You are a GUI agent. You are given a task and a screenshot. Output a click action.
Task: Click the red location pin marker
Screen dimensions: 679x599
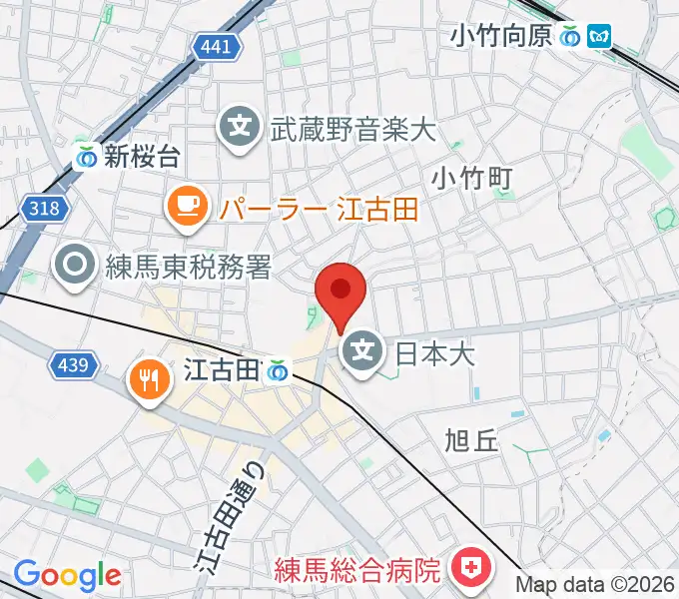tap(340, 292)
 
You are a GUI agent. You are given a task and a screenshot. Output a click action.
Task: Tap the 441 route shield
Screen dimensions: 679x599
tap(215, 46)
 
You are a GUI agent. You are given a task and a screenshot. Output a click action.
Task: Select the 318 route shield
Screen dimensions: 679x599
tap(47, 210)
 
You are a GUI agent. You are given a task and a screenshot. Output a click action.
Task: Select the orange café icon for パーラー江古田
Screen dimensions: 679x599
tap(187, 208)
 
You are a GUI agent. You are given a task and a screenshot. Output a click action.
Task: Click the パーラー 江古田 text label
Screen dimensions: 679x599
tap(320, 209)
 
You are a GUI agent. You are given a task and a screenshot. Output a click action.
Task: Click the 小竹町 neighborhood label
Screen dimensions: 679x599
tap(472, 179)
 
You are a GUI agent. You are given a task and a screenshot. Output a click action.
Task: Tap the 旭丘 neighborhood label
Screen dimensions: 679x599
tap(470, 440)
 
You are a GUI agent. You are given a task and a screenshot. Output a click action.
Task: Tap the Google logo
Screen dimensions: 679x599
tap(67, 575)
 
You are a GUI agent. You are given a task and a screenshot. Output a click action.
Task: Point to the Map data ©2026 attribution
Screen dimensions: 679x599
tap(596, 584)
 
